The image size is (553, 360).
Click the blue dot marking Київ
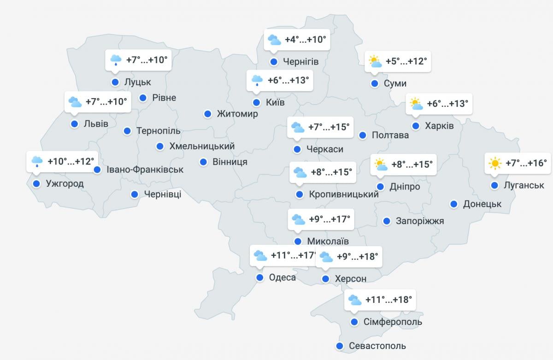coord(256,102)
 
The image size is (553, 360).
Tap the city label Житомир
coord(237,114)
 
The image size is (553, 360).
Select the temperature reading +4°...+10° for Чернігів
coord(305,40)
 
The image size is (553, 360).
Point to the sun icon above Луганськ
coord(495,163)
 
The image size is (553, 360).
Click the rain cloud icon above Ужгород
coord(37,161)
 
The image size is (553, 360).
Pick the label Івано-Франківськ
coord(145,170)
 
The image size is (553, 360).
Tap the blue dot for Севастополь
coord(340,346)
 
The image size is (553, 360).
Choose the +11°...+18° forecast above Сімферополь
coord(388,300)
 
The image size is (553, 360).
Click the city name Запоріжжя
coord(420,221)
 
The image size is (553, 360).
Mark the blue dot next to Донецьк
coord(454,204)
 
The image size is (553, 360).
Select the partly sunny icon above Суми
coord(375,61)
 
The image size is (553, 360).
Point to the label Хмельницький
coord(202,146)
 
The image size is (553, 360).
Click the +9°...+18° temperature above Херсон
coord(357,257)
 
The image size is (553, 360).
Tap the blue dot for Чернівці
coord(135,195)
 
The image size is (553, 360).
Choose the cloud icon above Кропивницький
coord(300,172)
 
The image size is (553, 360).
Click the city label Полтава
coord(390,135)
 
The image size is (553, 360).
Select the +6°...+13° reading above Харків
coord(447,104)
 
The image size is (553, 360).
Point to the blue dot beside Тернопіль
coord(127,131)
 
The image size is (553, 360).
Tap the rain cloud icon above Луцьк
coord(116,59)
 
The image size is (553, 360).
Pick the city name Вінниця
coord(230,162)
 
